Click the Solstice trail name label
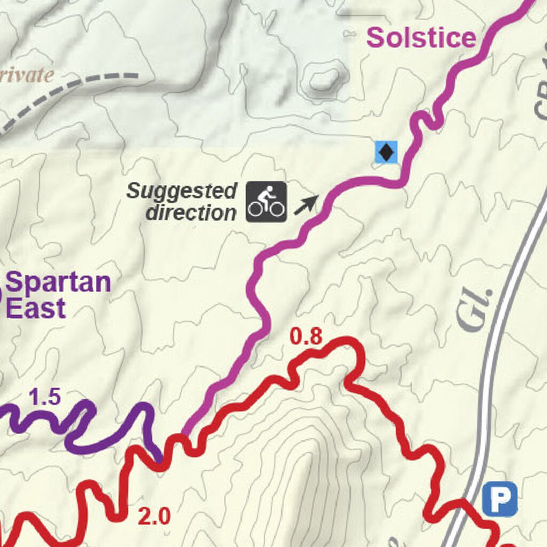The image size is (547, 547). (421, 38)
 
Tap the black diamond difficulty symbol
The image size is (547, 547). (386, 153)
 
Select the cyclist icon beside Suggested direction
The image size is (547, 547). (266, 202)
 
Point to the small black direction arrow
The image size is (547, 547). (306, 205)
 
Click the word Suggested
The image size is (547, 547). (182, 191)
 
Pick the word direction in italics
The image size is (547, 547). (191, 213)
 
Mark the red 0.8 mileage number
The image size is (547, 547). (306, 337)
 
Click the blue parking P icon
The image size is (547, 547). (501, 498)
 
